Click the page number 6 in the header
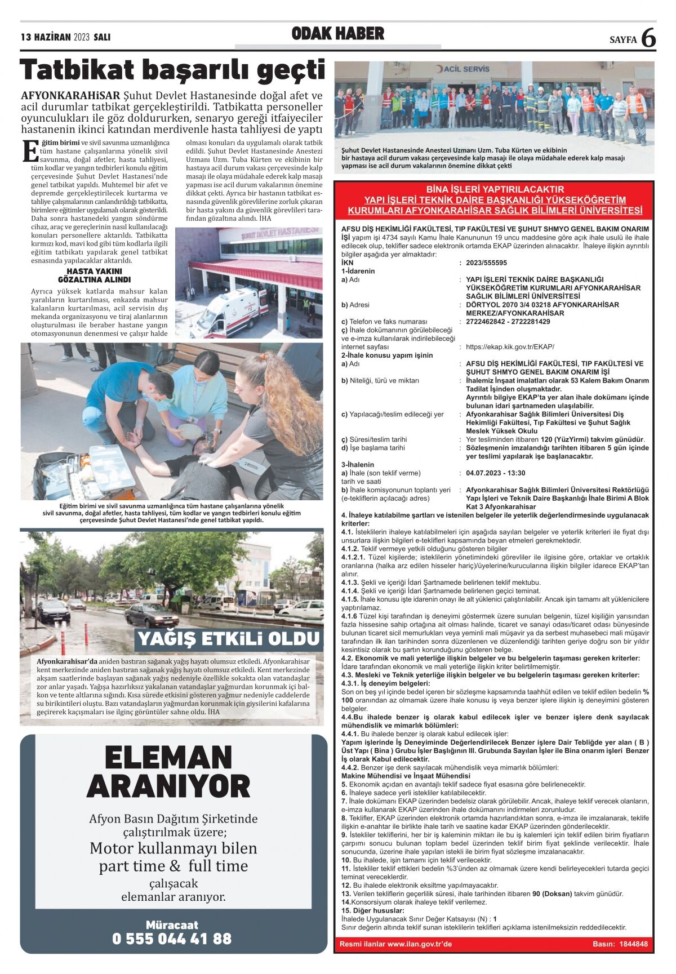648,38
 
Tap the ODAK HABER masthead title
338,34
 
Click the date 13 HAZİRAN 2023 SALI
65,38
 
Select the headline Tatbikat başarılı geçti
172,70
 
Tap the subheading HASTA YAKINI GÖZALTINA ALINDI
94,275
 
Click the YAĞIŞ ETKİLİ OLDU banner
229,639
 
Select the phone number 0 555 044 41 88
172,939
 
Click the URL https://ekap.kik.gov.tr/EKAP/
510,347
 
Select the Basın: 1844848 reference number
620,944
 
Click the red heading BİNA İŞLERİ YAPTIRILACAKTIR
495,189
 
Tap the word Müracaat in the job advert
172,924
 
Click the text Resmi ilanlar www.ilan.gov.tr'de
395,944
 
